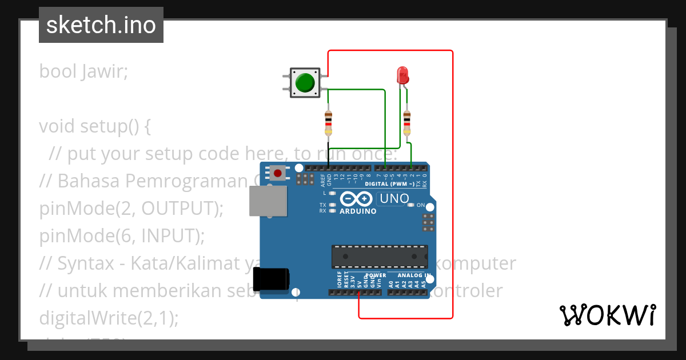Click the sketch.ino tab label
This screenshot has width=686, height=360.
point(101,25)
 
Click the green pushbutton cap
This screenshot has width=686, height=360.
point(305,83)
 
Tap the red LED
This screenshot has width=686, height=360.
point(402,75)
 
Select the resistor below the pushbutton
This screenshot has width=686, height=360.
point(328,121)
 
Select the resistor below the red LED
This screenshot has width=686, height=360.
point(406,122)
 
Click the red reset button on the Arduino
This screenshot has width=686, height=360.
point(278,172)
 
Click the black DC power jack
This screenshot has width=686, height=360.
point(271,278)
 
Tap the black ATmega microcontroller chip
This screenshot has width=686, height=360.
point(380,257)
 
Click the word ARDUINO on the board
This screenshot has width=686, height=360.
point(358,211)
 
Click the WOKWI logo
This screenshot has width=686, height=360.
point(607,315)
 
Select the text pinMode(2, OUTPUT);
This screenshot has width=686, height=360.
point(131,209)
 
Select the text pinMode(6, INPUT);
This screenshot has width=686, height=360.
point(122,235)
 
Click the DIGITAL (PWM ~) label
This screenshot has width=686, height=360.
point(389,184)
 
